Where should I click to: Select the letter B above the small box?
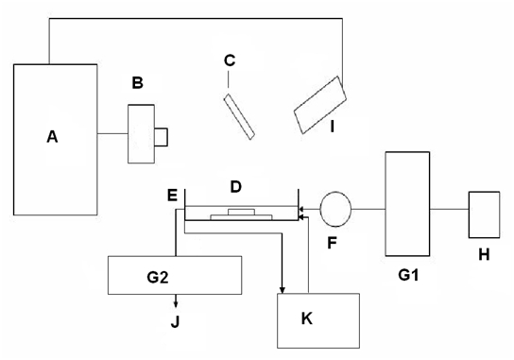[137, 83]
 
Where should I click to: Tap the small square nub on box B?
[162, 138]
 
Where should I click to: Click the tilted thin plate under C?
[239, 115]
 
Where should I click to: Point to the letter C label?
[229, 61]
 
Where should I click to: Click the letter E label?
[172, 195]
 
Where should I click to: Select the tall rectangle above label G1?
[407, 204]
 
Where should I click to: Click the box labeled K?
[317, 320]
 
